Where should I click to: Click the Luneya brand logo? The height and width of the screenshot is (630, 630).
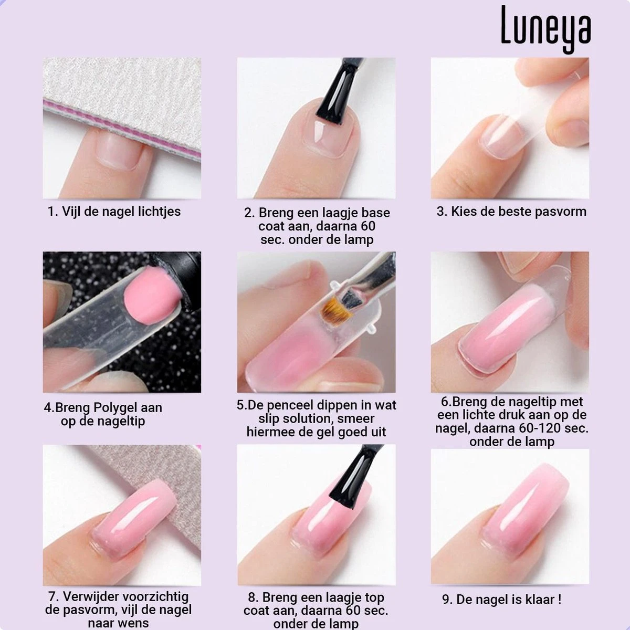545,29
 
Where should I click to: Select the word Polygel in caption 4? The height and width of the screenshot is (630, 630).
113,407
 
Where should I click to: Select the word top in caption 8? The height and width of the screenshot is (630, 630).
374,597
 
